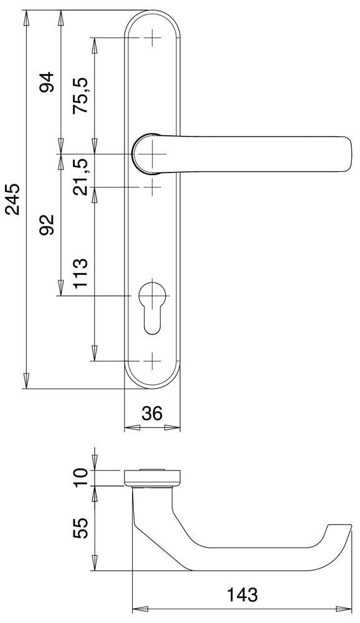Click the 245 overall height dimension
13,199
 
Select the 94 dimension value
47,82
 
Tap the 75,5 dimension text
81,95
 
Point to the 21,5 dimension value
81,176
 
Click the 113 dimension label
81,272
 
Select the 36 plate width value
152,413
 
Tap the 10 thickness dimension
81,477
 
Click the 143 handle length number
242,594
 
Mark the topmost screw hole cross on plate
152,38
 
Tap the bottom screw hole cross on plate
152,361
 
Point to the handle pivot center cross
152,154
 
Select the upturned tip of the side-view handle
339,530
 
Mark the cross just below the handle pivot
152,186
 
